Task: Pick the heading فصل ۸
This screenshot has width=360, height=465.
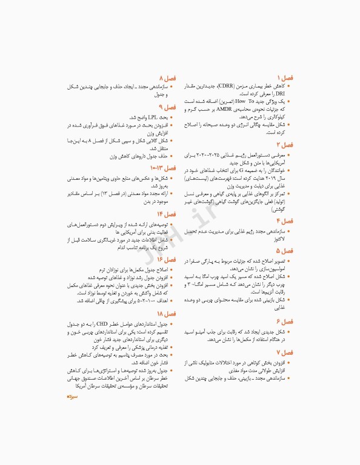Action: coord(167,79)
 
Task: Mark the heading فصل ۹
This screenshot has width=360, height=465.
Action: coord(167,108)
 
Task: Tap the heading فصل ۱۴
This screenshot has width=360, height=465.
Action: coord(167,214)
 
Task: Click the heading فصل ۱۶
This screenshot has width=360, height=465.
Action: coord(167,259)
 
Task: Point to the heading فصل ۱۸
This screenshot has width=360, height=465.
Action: coord(167,314)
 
